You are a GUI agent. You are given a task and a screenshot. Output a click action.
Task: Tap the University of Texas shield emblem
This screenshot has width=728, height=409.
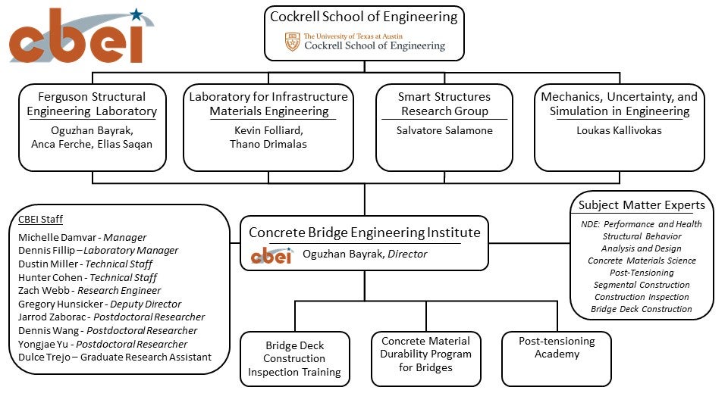(292, 42)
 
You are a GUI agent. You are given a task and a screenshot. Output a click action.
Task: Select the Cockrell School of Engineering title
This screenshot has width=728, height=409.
(364, 17)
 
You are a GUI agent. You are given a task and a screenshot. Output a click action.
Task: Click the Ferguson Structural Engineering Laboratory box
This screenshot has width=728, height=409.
(92, 126)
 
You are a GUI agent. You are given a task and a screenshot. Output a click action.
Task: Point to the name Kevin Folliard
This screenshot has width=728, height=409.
(268, 130)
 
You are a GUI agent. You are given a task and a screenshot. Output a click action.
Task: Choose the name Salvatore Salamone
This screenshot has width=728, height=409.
(444, 130)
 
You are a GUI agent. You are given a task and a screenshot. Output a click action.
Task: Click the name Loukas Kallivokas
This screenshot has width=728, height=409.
(620, 130)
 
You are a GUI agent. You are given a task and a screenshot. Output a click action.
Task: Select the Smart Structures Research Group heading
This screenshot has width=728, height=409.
(444, 104)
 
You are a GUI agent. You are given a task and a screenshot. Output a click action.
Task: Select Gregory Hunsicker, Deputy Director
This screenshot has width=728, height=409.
(99, 304)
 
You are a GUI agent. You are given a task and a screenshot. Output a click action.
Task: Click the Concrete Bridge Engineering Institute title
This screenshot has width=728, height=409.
(364, 233)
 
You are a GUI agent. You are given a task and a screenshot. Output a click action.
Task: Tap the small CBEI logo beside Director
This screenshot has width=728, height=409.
(271, 255)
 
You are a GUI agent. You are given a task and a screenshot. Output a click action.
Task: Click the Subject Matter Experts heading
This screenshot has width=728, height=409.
(642, 205)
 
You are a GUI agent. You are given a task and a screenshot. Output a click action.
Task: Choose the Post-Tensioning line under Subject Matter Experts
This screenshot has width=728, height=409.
(642, 273)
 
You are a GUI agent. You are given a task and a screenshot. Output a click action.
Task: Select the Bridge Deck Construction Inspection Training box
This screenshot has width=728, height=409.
(294, 359)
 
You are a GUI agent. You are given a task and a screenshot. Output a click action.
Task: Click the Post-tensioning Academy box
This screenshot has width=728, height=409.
(557, 348)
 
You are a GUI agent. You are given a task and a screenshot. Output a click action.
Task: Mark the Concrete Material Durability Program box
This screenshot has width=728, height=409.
(426, 354)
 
